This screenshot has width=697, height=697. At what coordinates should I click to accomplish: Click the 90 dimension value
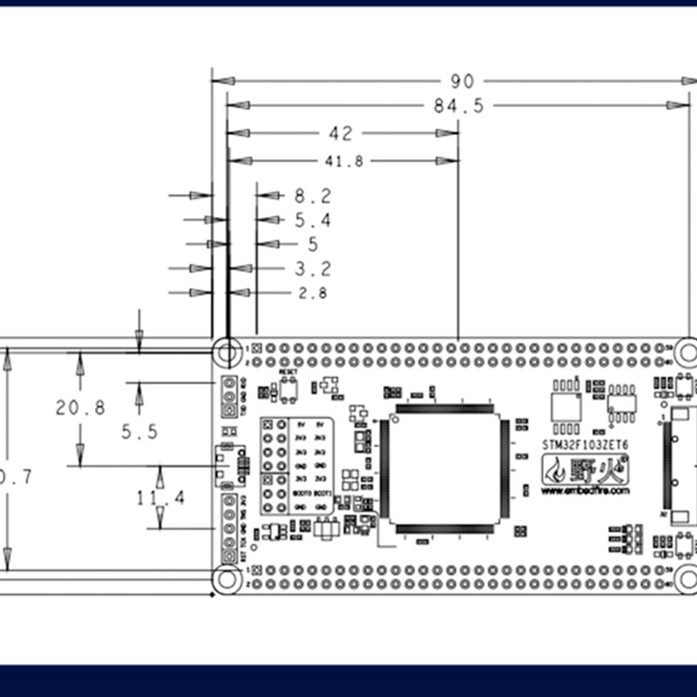(462, 81)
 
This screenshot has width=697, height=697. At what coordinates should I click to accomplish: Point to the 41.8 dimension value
(344, 161)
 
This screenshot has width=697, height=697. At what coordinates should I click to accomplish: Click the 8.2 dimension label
(313, 196)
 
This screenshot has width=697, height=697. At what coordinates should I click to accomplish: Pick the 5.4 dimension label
(313, 220)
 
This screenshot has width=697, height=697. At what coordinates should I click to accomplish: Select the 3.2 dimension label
(313, 268)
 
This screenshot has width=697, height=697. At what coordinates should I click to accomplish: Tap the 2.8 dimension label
(313, 294)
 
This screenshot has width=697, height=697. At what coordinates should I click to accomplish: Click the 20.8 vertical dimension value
(80, 407)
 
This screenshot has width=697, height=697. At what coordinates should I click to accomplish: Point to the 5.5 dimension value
(139, 431)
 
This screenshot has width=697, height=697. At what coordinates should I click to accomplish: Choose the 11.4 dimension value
(160, 497)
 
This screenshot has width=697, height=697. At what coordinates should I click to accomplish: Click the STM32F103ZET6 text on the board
(585, 443)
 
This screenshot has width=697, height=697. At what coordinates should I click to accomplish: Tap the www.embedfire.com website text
(585, 491)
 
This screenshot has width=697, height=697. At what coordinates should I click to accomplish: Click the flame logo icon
(555, 471)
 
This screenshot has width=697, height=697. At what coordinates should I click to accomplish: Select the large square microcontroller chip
(443, 468)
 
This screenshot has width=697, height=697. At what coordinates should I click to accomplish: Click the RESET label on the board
(288, 371)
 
